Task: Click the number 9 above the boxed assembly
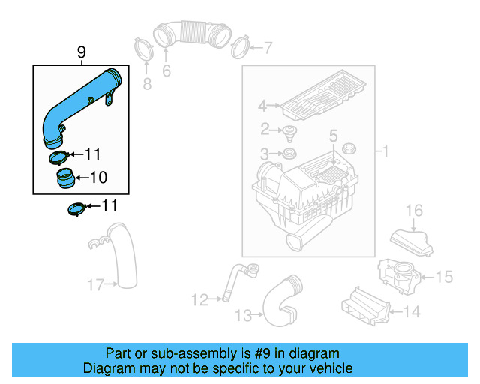point(82,52)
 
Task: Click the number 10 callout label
point(99,178)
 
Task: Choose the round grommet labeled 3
point(286,155)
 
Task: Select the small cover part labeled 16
point(411,241)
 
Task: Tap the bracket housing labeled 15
point(397,274)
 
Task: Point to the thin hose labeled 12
point(236,281)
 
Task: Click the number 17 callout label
point(95,284)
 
